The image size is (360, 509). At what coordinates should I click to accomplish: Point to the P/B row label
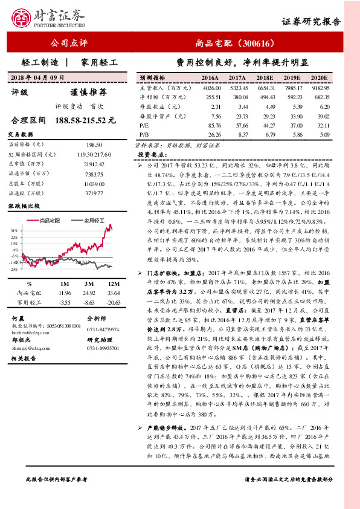(144, 134)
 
